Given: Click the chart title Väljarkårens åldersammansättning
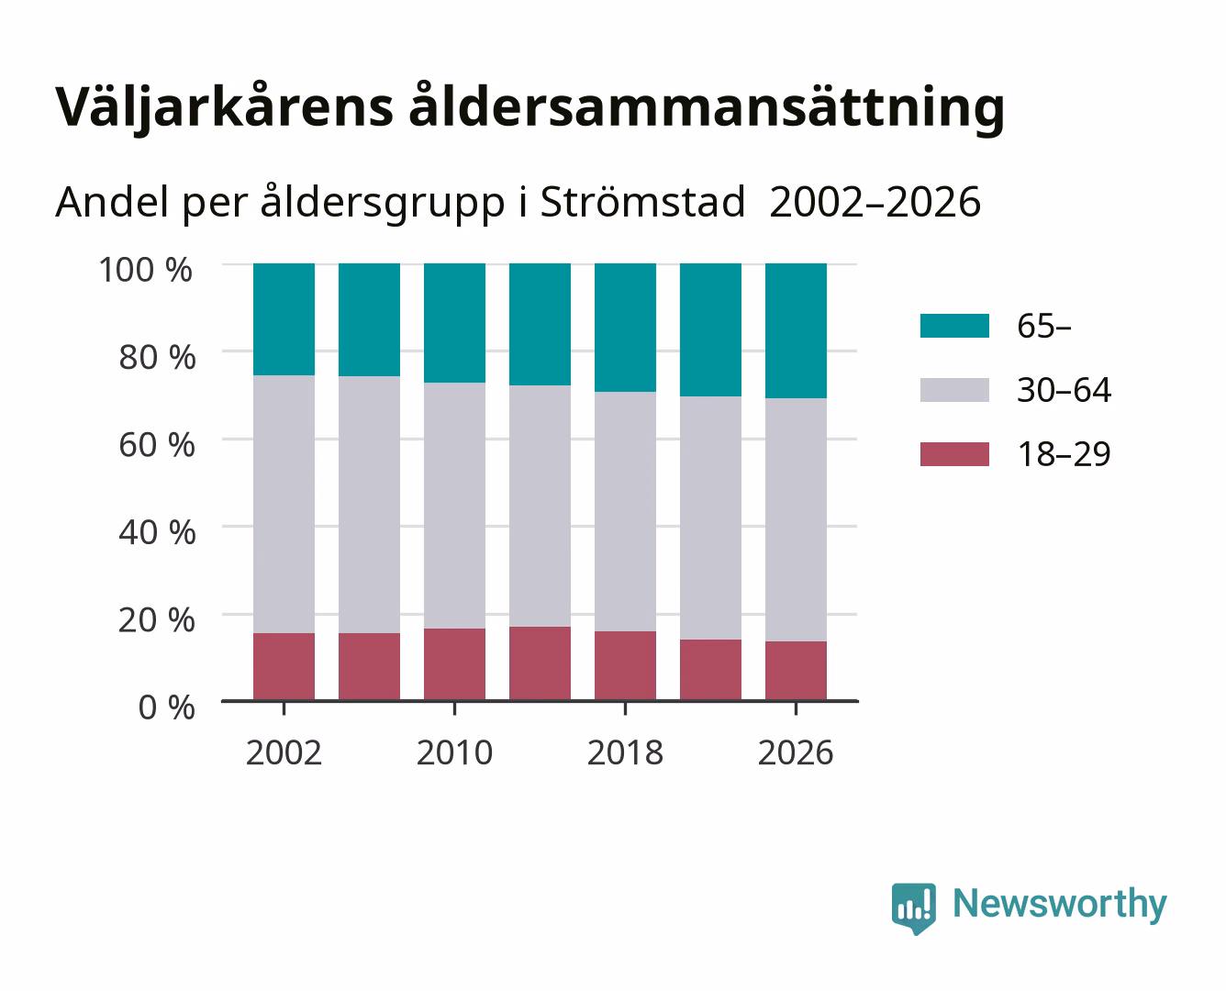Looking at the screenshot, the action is (x=529, y=107).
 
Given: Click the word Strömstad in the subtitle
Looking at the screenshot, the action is (x=642, y=202).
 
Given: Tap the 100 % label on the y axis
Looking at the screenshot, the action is (x=146, y=270).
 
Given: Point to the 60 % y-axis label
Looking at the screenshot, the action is (x=157, y=445).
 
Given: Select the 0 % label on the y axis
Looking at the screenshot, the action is (x=166, y=707).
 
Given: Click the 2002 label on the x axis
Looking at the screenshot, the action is (x=284, y=752).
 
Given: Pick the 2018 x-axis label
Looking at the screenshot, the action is (x=625, y=752).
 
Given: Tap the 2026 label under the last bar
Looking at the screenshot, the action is (x=796, y=752).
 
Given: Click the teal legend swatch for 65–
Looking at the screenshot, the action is (x=954, y=326).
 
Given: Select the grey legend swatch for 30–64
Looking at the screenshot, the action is (x=954, y=390).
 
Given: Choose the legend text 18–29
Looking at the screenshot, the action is (x=1064, y=454).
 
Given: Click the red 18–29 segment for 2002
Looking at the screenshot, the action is (x=284, y=666).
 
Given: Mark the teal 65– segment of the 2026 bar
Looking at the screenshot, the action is (x=796, y=331).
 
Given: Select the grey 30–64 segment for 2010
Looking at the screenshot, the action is (x=455, y=506).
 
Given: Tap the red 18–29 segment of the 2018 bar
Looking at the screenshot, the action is (x=625, y=666).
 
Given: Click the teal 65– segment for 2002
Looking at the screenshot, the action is (x=284, y=319).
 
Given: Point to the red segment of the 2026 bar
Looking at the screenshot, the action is (x=796, y=671).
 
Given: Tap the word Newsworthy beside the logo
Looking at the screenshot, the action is (x=1060, y=905).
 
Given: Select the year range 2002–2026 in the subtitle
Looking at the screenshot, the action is (x=875, y=202).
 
